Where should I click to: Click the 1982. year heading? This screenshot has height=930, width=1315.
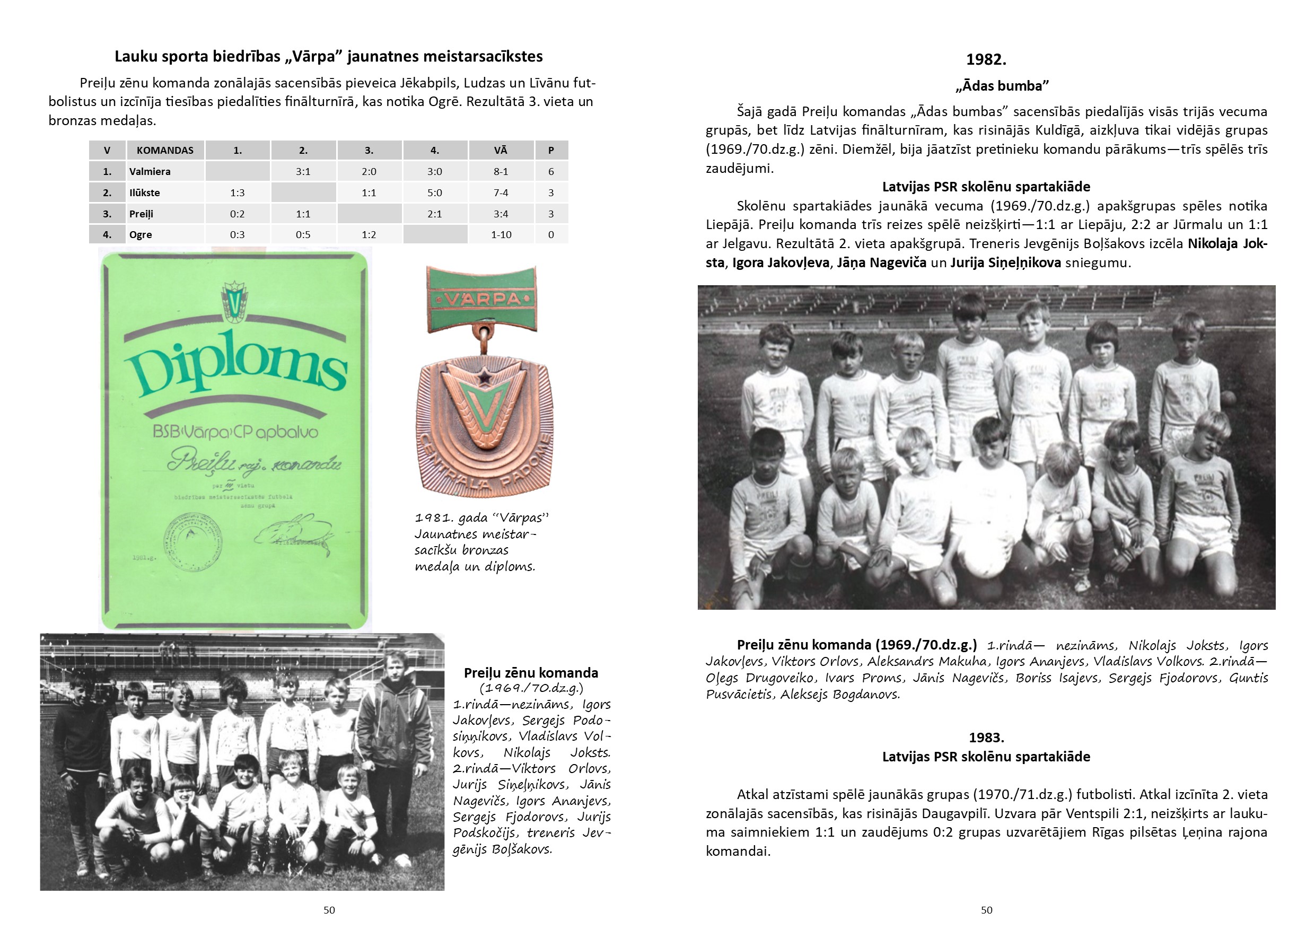click(986, 59)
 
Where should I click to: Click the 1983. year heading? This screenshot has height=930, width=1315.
click(986, 737)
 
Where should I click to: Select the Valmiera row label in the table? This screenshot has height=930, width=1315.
click(150, 171)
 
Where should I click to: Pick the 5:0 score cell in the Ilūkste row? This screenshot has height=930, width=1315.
click(435, 192)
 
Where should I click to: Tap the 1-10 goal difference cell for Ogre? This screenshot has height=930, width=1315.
click(501, 234)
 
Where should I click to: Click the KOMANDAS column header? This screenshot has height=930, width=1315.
click(165, 150)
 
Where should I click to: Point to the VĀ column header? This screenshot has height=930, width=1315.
click(501, 150)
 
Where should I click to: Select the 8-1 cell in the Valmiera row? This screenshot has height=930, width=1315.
click(501, 171)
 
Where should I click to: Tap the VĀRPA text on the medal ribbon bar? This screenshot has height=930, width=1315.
click(482, 299)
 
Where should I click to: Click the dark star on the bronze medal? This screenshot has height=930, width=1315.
click(485, 377)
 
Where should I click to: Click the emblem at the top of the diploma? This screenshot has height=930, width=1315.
click(234, 301)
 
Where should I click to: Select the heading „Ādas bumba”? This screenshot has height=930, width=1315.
click(1002, 86)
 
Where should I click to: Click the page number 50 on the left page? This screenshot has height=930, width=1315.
click(329, 910)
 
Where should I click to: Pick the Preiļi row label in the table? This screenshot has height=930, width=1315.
click(141, 214)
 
